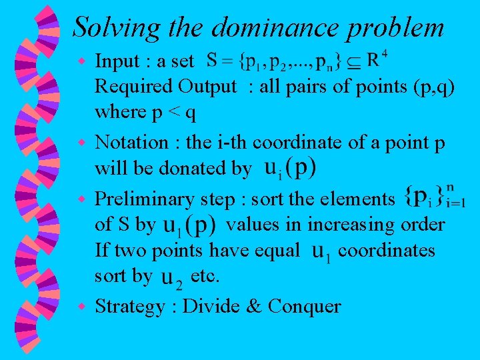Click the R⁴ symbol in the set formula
[377, 60]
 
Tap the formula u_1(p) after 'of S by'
[189, 226]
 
